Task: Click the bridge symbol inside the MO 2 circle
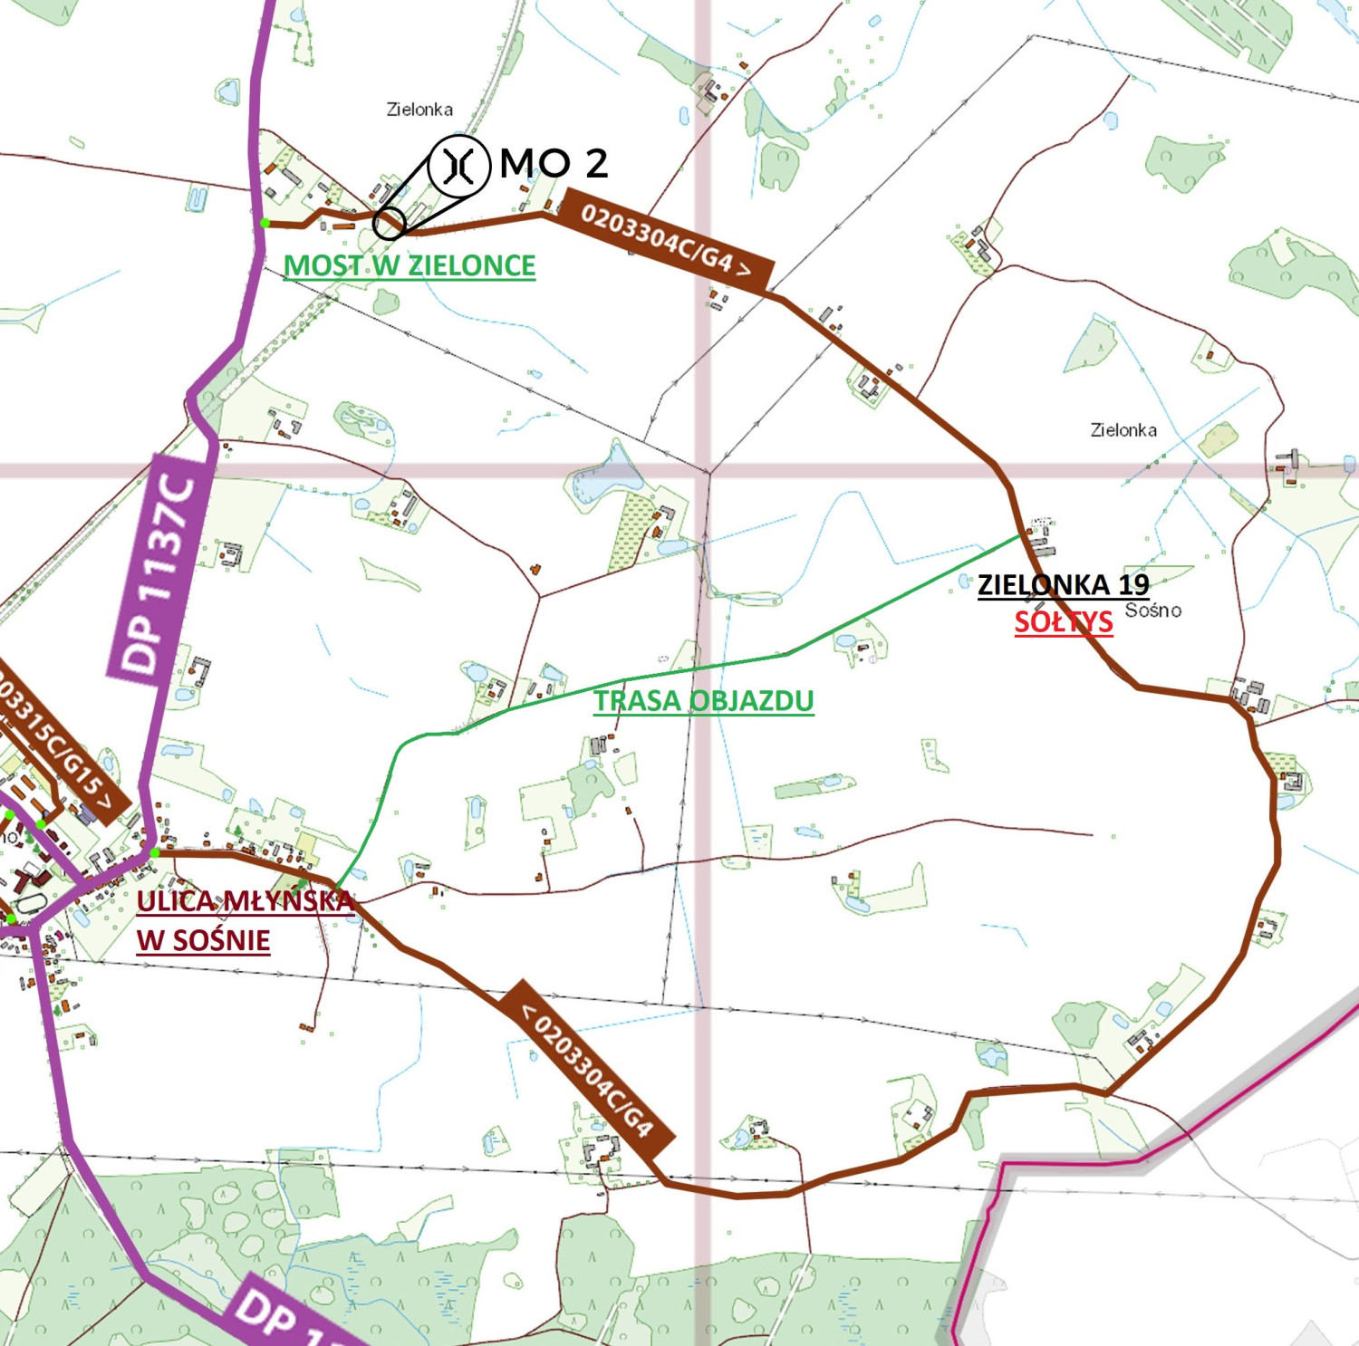click(459, 166)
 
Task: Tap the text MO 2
click(554, 164)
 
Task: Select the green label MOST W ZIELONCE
click(410, 265)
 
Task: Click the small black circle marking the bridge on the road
click(389, 223)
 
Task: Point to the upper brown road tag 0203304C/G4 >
click(667, 240)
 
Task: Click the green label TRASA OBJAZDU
click(703, 700)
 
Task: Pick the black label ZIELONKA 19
click(1063, 584)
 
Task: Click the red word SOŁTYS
click(1063, 622)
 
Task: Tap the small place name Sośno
click(1152, 611)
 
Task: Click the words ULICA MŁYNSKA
click(245, 901)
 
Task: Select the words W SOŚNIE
click(203, 940)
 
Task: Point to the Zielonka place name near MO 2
click(419, 110)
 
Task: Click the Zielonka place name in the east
click(1123, 430)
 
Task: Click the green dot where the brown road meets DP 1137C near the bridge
click(265, 222)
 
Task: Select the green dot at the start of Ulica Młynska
click(155, 852)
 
